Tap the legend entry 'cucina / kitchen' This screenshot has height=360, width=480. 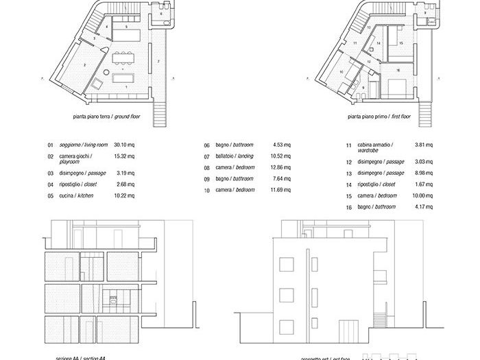point(75,195)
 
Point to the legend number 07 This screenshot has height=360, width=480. point(206,156)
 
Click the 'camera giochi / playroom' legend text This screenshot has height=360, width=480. point(77,158)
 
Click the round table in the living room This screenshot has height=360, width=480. point(107,72)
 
